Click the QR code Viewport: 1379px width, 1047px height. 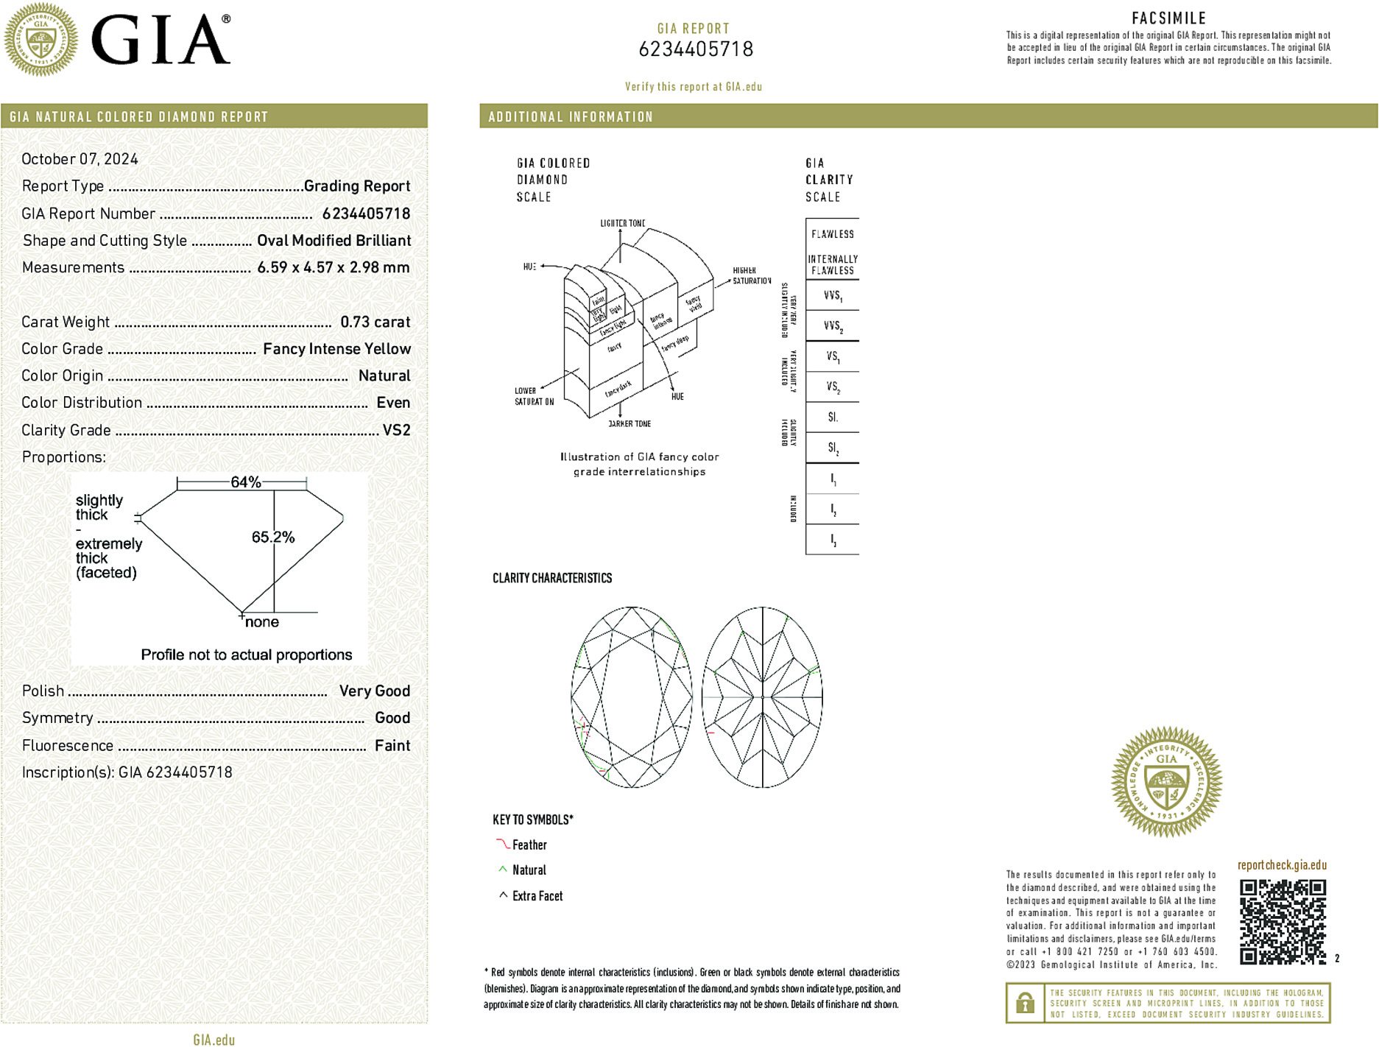[1283, 921]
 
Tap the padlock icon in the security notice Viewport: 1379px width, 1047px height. [1025, 1003]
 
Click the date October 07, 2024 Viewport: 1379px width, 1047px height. [80, 159]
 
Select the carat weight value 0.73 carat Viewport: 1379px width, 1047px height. [375, 322]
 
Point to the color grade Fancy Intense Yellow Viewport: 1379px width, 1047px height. [336, 349]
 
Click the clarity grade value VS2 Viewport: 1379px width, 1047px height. [396, 430]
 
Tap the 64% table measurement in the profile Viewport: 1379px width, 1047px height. [245, 482]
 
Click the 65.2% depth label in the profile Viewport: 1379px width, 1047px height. [272, 537]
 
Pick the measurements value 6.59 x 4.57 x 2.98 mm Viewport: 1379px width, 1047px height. [333, 267]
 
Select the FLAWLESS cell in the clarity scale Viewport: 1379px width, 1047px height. [833, 234]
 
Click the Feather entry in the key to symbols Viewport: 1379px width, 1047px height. [529, 845]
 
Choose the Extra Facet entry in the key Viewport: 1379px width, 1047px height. [537, 896]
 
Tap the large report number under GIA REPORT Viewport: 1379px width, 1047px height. [696, 49]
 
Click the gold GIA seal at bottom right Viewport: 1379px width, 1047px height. [1166, 782]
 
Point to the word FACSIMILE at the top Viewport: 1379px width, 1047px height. [1168, 18]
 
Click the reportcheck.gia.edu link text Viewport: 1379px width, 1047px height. [1282, 865]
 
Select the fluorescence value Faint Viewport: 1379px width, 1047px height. [392, 745]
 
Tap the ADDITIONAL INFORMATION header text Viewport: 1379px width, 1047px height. [571, 117]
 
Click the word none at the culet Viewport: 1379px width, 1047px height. [262, 622]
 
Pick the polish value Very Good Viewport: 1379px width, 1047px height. [374, 691]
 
